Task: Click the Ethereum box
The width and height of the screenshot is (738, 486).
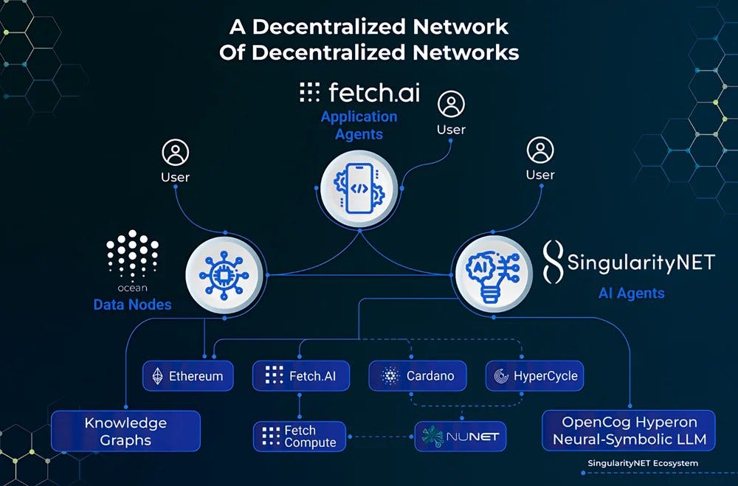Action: pyautogui.click(x=188, y=376)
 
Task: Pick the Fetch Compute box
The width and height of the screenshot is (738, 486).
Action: pyautogui.click(x=299, y=437)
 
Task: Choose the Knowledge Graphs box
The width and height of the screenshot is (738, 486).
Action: pyautogui.click(x=125, y=431)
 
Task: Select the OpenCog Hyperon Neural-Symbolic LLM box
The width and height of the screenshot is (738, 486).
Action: pyautogui.click(x=629, y=431)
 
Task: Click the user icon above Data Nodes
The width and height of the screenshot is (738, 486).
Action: pyautogui.click(x=175, y=153)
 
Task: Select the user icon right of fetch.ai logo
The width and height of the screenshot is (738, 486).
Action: pyautogui.click(x=451, y=105)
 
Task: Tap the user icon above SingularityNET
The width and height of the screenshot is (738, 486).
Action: pyautogui.click(x=540, y=150)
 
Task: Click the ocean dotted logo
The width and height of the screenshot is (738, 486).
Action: pyautogui.click(x=133, y=255)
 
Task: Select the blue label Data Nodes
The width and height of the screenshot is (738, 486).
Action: pyautogui.click(x=132, y=305)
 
